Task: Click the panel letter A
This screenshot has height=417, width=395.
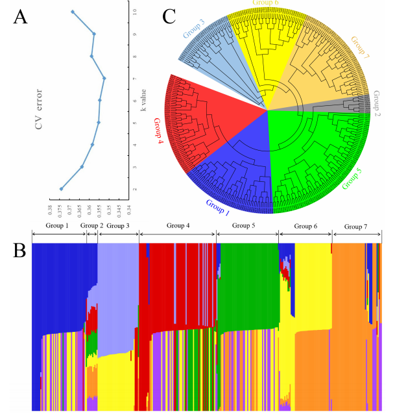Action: [20, 19]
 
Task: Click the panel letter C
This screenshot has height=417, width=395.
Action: [169, 16]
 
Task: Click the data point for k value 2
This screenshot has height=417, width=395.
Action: [62, 189]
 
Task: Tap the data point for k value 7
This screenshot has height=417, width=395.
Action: [104, 79]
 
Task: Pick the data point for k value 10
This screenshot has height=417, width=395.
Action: [73, 12]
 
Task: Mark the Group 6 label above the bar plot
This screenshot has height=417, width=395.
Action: [305, 225]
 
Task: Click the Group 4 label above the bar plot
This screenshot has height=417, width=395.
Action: [178, 225]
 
